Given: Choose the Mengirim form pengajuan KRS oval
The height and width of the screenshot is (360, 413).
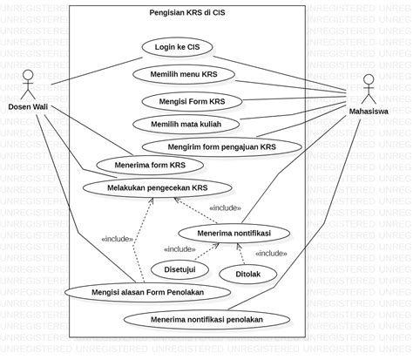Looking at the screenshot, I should point(220,146).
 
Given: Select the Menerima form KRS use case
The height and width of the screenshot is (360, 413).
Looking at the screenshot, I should point(140,164).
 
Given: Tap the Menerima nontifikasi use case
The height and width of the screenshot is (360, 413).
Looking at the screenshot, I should point(234,234).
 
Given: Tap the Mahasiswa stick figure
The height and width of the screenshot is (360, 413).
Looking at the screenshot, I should point(369,88).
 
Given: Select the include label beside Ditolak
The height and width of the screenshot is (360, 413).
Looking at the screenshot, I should point(271,253).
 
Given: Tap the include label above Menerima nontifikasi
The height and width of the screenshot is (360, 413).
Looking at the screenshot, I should point(225,208).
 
